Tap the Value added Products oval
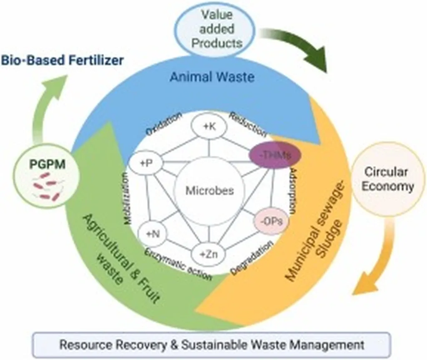(x=216, y=29)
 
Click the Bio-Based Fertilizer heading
(x=62, y=60)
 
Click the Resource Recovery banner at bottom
(x=212, y=345)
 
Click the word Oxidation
(x=164, y=123)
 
